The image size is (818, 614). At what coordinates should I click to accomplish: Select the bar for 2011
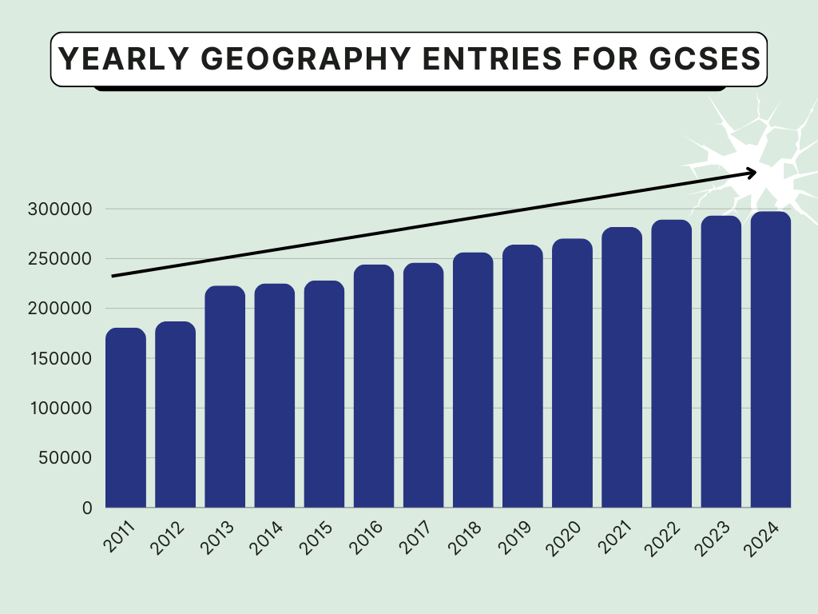tap(125, 418)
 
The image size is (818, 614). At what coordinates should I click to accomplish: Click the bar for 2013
tap(225, 397)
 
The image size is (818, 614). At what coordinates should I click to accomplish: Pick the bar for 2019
tap(522, 376)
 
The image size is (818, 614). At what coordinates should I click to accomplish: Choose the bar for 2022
tap(671, 364)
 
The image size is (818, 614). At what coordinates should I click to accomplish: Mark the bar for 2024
tap(771, 360)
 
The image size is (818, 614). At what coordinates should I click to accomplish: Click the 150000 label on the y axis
tap(63, 358)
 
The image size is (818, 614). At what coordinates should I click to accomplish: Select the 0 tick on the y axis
tap(87, 508)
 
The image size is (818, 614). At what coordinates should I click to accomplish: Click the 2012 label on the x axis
tap(168, 538)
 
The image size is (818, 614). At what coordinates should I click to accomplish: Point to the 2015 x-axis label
tap(316, 538)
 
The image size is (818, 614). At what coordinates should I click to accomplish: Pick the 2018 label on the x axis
tap(465, 538)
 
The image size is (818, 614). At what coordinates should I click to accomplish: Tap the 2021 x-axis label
tap(613, 538)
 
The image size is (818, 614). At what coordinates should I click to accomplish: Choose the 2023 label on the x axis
tap(713, 538)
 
